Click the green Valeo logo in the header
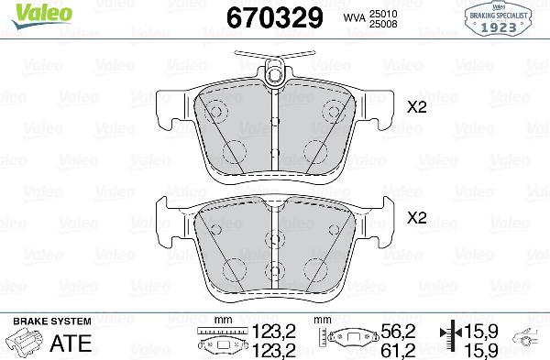tap(31, 11)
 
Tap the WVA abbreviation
tap(354, 17)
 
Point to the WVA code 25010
tap(394, 12)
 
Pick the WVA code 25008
tap(394, 23)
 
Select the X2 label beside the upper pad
tap(418, 107)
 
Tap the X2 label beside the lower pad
tap(418, 218)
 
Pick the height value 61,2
tap(398, 349)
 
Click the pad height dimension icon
tap(348, 341)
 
